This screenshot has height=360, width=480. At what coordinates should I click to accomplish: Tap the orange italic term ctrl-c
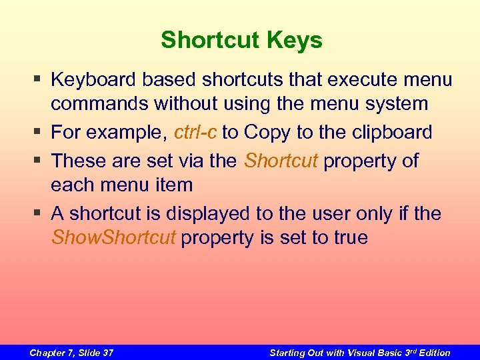click(x=195, y=132)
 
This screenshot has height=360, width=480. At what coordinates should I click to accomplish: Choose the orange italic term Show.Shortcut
click(x=113, y=237)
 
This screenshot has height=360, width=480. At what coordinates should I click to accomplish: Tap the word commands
click(x=99, y=104)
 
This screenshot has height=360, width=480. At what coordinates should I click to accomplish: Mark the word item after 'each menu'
click(x=174, y=185)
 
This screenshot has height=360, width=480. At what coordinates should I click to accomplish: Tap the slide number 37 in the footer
click(x=106, y=353)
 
